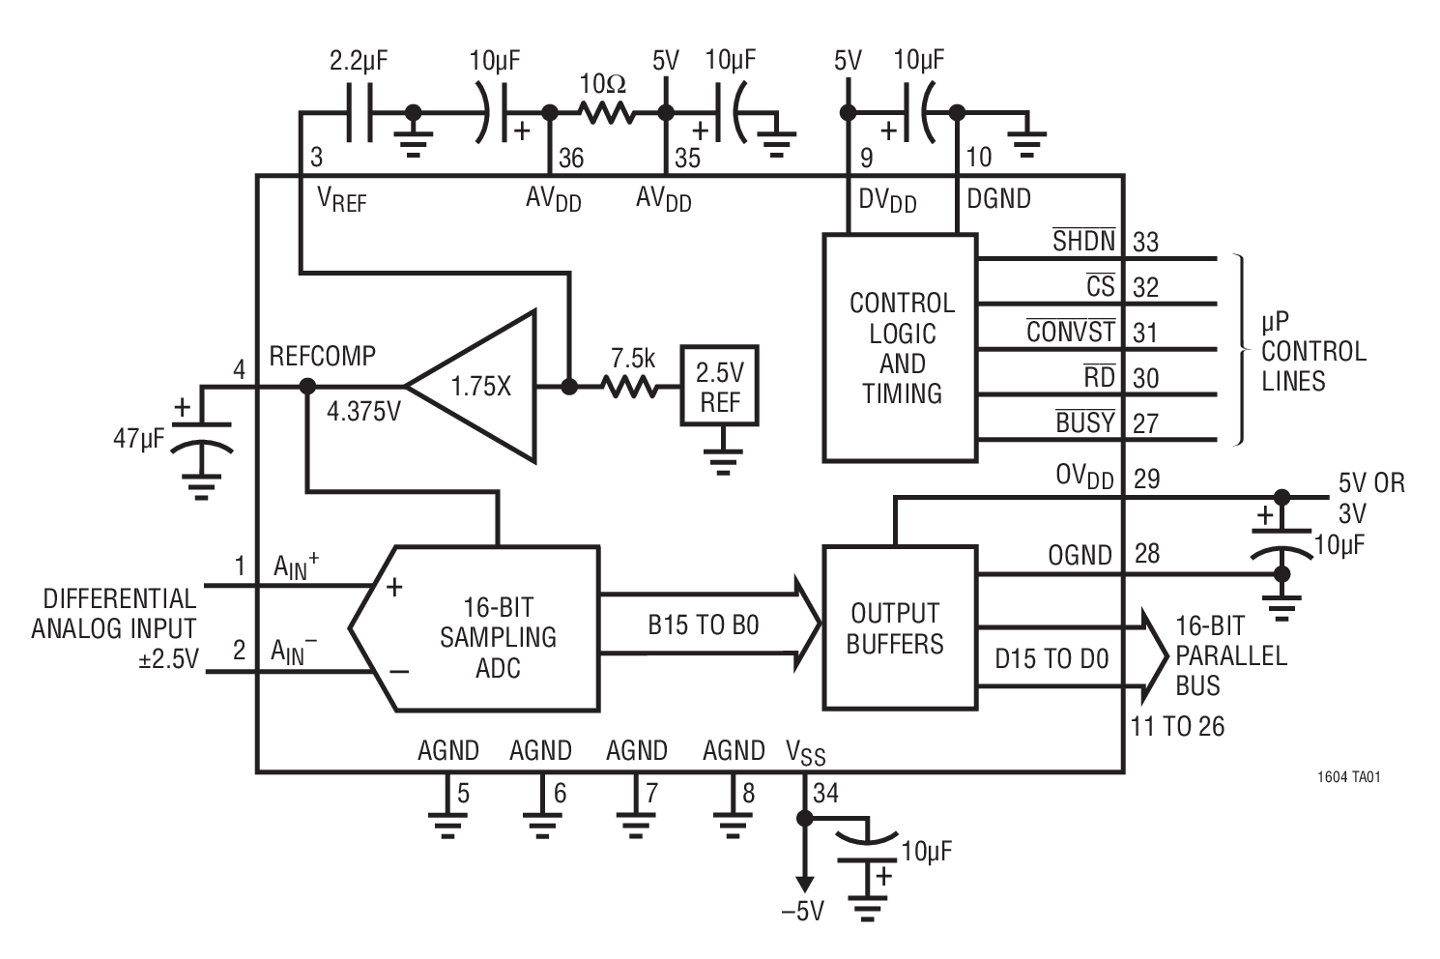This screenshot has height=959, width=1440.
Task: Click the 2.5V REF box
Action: [719, 385]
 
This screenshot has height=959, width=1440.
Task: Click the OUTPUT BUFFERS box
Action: [898, 626]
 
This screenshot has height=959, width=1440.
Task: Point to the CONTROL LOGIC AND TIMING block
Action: [900, 347]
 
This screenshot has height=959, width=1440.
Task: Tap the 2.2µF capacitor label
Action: [359, 60]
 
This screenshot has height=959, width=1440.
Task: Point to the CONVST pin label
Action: [1070, 332]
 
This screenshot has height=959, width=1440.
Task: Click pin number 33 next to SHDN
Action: [1145, 242]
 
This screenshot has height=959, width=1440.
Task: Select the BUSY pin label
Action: [1084, 422]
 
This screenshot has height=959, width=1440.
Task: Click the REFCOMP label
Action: [322, 356]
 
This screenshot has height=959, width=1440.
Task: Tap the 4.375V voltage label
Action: [363, 412]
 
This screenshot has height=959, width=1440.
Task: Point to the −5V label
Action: [802, 911]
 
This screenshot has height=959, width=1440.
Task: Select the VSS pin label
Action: [806, 752]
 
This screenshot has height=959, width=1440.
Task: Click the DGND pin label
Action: [998, 198]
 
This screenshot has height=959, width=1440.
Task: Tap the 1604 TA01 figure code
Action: [1347, 776]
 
